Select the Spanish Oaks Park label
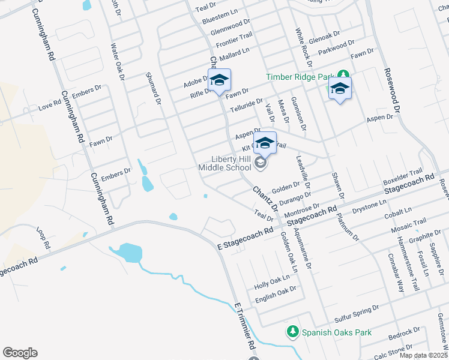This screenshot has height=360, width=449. (337, 332)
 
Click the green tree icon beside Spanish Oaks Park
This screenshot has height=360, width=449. (292, 332)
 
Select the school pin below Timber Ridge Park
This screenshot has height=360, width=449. (340, 89)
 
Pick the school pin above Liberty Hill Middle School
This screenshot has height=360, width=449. (264, 143)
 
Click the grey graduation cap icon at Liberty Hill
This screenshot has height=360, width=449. (261, 163)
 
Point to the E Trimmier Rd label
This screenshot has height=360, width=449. (246, 328)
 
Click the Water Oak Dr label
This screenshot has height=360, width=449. (116, 61)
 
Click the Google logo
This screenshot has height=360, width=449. (20, 353)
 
